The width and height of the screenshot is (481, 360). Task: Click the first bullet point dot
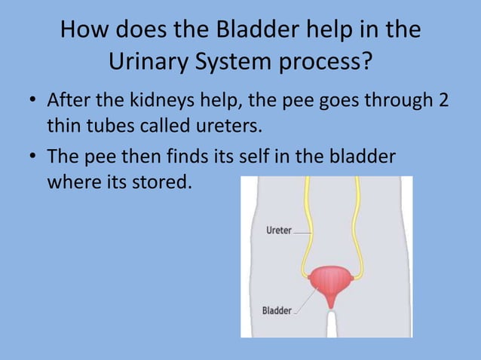(33, 101)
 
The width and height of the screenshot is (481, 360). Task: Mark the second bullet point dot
(33, 159)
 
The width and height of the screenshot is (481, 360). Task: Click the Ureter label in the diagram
(278, 230)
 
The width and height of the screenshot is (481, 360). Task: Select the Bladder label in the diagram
(277, 310)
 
